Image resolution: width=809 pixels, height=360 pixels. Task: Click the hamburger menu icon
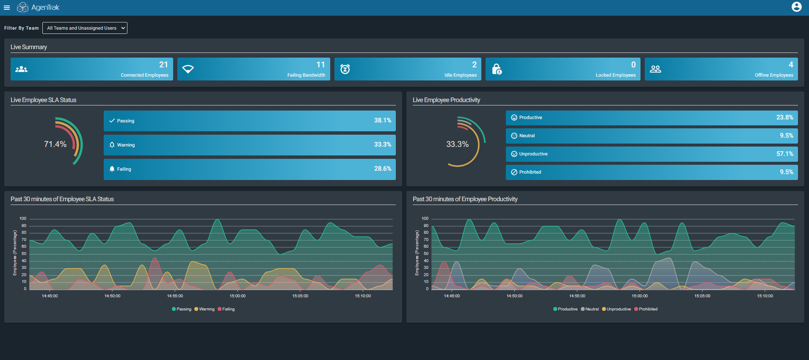pyautogui.click(x=7, y=8)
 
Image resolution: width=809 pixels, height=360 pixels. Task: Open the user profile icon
pyautogui.click(x=796, y=7)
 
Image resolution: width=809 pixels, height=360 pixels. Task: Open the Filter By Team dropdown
pyautogui.click(x=85, y=28)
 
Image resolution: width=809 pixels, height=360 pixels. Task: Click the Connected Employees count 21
pyautogui.click(x=163, y=65)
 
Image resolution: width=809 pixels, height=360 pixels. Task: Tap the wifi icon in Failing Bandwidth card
pyautogui.click(x=188, y=69)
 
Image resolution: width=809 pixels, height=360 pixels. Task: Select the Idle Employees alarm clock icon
pyautogui.click(x=345, y=69)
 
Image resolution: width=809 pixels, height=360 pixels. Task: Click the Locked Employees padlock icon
pyautogui.click(x=497, y=69)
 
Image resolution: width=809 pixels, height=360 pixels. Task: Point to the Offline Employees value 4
pyautogui.click(x=790, y=65)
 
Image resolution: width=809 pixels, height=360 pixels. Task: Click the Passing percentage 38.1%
pyautogui.click(x=382, y=120)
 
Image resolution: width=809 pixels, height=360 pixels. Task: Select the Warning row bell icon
pyautogui.click(x=112, y=145)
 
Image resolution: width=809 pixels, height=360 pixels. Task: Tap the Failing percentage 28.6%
pyautogui.click(x=382, y=169)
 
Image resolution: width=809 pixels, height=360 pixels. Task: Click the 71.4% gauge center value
pyautogui.click(x=55, y=144)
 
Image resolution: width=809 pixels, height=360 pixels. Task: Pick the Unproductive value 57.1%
pyautogui.click(x=784, y=154)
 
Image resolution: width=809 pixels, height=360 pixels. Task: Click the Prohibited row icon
pyautogui.click(x=514, y=172)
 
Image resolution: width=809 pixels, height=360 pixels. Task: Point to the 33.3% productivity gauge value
pyautogui.click(x=457, y=144)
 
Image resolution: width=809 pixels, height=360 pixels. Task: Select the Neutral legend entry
pyautogui.click(x=590, y=309)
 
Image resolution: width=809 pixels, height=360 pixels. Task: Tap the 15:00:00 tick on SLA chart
pyautogui.click(x=237, y=296)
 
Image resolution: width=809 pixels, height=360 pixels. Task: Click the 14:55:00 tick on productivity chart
pyautogui.click(x=577, y=296)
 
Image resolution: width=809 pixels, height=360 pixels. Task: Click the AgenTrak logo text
pyautogui.click(x=45, y=8)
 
